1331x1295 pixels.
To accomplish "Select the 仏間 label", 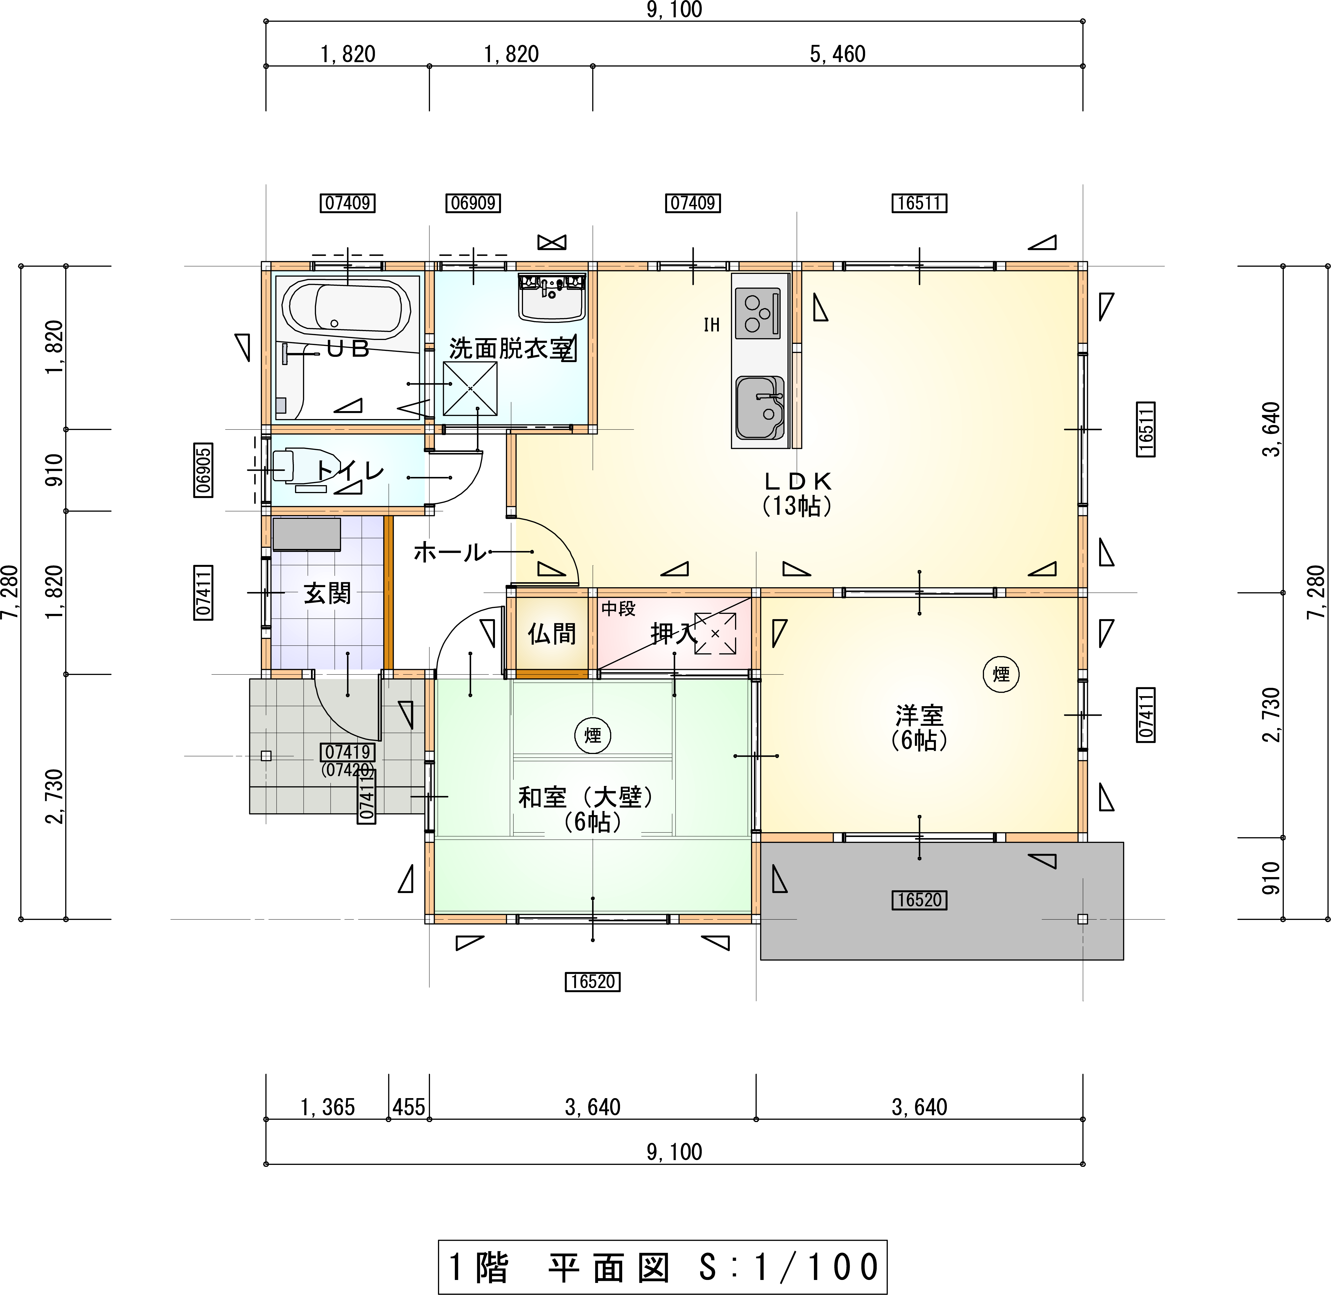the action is click(x=552, y=634).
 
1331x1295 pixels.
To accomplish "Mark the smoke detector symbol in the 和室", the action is click(x=593, y=735).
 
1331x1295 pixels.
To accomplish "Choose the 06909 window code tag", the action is click(x=474, y=203).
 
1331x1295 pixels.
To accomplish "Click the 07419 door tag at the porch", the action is click(x=348, y=752).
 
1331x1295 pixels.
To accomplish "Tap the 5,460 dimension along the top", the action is click(x=838, y=54).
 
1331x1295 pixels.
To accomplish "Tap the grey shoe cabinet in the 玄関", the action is click(x=306, y=534).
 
